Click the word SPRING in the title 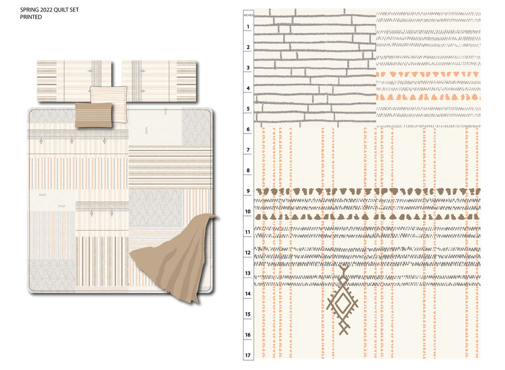28,10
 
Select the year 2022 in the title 46,10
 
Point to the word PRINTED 31,17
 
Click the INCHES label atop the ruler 248,16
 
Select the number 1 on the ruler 248,26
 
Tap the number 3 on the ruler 248,68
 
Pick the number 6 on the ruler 248,129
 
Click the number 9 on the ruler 248,191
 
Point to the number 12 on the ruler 248,253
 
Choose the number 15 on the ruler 248,314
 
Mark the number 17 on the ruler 248,355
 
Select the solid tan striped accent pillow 93,115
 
